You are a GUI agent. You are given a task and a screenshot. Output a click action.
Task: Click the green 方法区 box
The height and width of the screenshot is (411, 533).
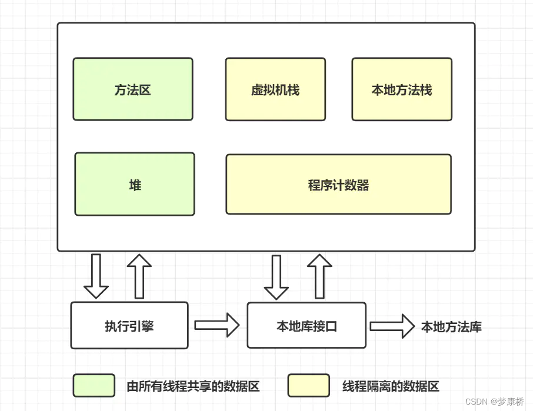pyautogui.click(x=133, y=89)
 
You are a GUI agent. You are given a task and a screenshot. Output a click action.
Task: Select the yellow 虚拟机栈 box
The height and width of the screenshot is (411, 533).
pyautogui.click(x=275, y=89)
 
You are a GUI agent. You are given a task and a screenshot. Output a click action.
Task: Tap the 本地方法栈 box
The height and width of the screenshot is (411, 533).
pyautogui.click(x=402, y=89)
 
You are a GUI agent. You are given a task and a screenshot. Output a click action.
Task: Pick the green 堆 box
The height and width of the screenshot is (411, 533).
pyautogui.click(x=134, y=184)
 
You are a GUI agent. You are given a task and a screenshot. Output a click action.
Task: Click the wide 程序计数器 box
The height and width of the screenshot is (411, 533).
pyautogui.click(x=338, y=185)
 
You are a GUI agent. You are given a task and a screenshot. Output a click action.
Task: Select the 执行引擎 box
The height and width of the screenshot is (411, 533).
pyautogui.click(x=129, y=325)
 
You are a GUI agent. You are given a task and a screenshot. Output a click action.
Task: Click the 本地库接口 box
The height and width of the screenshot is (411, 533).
pyautogui.click(x=307, y=325)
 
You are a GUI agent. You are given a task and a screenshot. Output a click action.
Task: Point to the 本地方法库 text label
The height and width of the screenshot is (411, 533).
pyautogui.click(x=451, y=327)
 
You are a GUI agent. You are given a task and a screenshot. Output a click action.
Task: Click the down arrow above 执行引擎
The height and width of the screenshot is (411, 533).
pyautogui.click(x=96, y=276)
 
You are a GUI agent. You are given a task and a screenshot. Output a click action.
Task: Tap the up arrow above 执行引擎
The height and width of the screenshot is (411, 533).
pyautogui.click(x=139, y=276)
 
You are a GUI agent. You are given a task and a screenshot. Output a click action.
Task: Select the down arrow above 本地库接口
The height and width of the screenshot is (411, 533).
pyautogui.click(x=276, y=276)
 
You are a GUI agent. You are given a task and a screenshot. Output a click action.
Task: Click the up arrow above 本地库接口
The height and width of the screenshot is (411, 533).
pyautogui.click(x=320, y=276)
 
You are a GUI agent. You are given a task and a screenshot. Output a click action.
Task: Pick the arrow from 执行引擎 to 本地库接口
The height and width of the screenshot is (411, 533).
pyautogui.click(x=216, y=325)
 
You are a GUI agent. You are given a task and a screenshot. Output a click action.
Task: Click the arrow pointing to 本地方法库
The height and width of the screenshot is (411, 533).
pyautogui.click(x=392, y=325)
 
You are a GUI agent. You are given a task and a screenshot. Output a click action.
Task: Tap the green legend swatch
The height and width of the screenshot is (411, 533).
pyautogui.click(x=94, y=386)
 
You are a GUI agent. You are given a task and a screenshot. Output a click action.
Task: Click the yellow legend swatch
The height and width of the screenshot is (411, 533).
pyautogui.click(x=308, y=386)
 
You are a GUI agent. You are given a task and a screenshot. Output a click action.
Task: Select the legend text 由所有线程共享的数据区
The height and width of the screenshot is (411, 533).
pyautogui.click(x=193, y=386)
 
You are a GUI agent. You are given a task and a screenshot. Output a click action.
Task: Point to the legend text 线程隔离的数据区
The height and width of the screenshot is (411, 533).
pyautogui.click(x=391, y=386)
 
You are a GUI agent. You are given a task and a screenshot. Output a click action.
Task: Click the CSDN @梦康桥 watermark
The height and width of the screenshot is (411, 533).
pyautogui.click(x=494, y=401)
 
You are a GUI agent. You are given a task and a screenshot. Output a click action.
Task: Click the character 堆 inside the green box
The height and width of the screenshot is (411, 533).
pyautogui.click(x=135, y=185)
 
